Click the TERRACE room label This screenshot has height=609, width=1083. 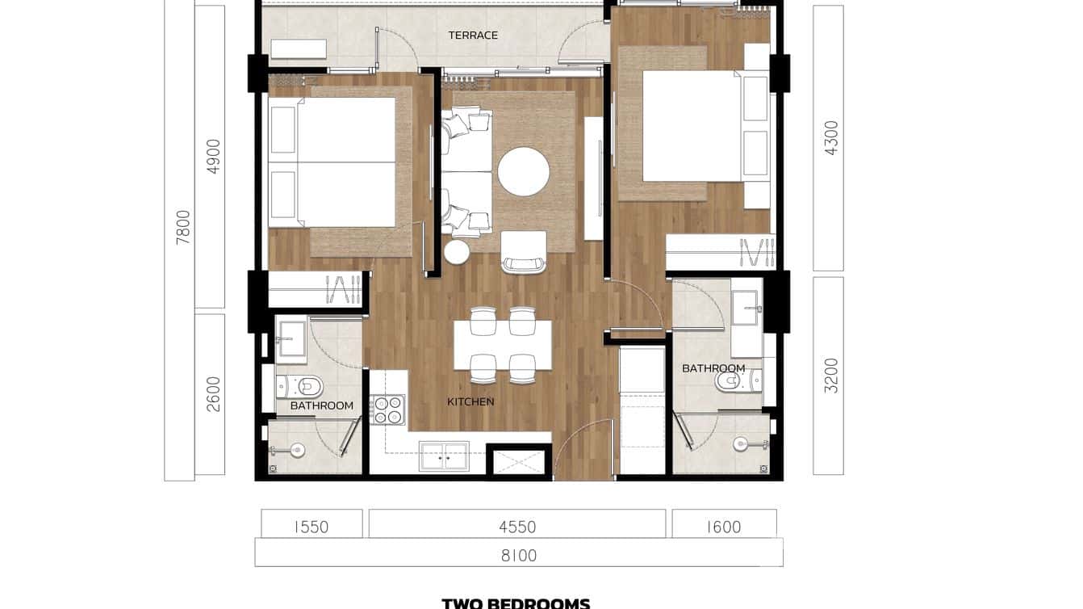coord(473,36)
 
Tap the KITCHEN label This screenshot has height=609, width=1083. coord(470,401)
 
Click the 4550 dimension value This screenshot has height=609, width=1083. coord(516,527)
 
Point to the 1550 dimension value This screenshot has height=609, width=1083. coord(311,527)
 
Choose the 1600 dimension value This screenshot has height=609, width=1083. coord(723,527)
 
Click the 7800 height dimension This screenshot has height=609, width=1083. coord(183,227)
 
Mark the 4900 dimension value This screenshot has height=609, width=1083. coord(213,157)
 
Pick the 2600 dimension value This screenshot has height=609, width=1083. coord(213,394)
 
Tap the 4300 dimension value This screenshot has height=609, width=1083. coord(831,137)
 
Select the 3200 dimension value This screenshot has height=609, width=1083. coord(831,376)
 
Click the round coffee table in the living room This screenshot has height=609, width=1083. coord(523,171)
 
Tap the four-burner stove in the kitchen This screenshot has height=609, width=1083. coord(387,409)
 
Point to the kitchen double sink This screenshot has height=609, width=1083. coord(444,456)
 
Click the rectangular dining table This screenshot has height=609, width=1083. coord(503,345)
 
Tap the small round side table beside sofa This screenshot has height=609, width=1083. coord(456,252)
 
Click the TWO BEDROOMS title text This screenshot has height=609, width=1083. coord(516,603)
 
